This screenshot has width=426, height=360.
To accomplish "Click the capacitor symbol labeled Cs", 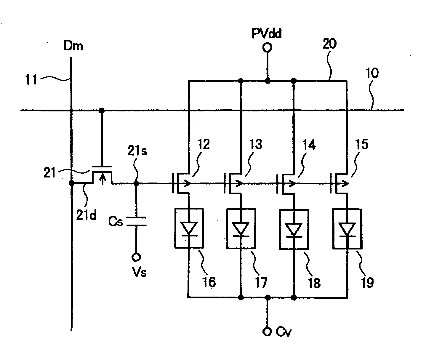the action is click(x=136, y=222).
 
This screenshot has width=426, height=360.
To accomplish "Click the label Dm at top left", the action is click(x=73, y=46).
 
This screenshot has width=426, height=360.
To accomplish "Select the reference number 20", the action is click(x=329, y=44).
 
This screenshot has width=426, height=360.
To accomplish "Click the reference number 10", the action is click(x=373, y=73).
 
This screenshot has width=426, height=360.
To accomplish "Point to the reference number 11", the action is click(x=31, y=80).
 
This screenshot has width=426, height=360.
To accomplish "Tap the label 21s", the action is click(x=137, y=151).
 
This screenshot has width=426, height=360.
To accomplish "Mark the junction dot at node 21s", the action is click(x=136, y=183).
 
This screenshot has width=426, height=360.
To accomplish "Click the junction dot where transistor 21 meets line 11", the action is click(x=71, y=183).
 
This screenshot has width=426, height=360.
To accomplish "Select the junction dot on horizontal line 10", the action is click(x=101, y=111).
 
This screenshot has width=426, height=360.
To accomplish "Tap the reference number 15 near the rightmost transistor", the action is click(x=362, y=144).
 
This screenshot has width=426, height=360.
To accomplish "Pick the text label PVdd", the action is click(x=266, y=33).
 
